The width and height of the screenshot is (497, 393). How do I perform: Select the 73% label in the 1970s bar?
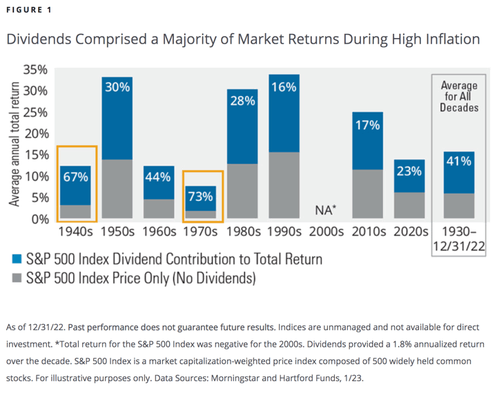click(x=200, y=196)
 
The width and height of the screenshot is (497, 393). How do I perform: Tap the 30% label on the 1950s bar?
click(x=117, y=87)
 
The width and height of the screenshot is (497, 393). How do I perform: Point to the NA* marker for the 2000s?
click(x=325, y=209)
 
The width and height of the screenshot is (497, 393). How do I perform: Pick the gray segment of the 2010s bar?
click(x=367, y=194)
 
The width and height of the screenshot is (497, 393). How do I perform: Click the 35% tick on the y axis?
click(x=35, y=70)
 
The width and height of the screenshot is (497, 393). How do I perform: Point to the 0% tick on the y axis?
click(x=39, y=219)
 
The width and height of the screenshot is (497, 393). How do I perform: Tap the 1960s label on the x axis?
click(x=158, y=231)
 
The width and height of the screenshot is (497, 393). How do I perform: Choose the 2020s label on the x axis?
click(x=409, y=231)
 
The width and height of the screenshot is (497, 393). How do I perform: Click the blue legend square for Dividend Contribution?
click(x=17, y=260)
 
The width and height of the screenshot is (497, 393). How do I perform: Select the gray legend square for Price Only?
click(x=17, y=279)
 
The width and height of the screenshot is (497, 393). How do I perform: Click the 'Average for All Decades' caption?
click(x=459, y=97)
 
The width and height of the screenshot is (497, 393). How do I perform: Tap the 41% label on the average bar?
click(x=459, y=161)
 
